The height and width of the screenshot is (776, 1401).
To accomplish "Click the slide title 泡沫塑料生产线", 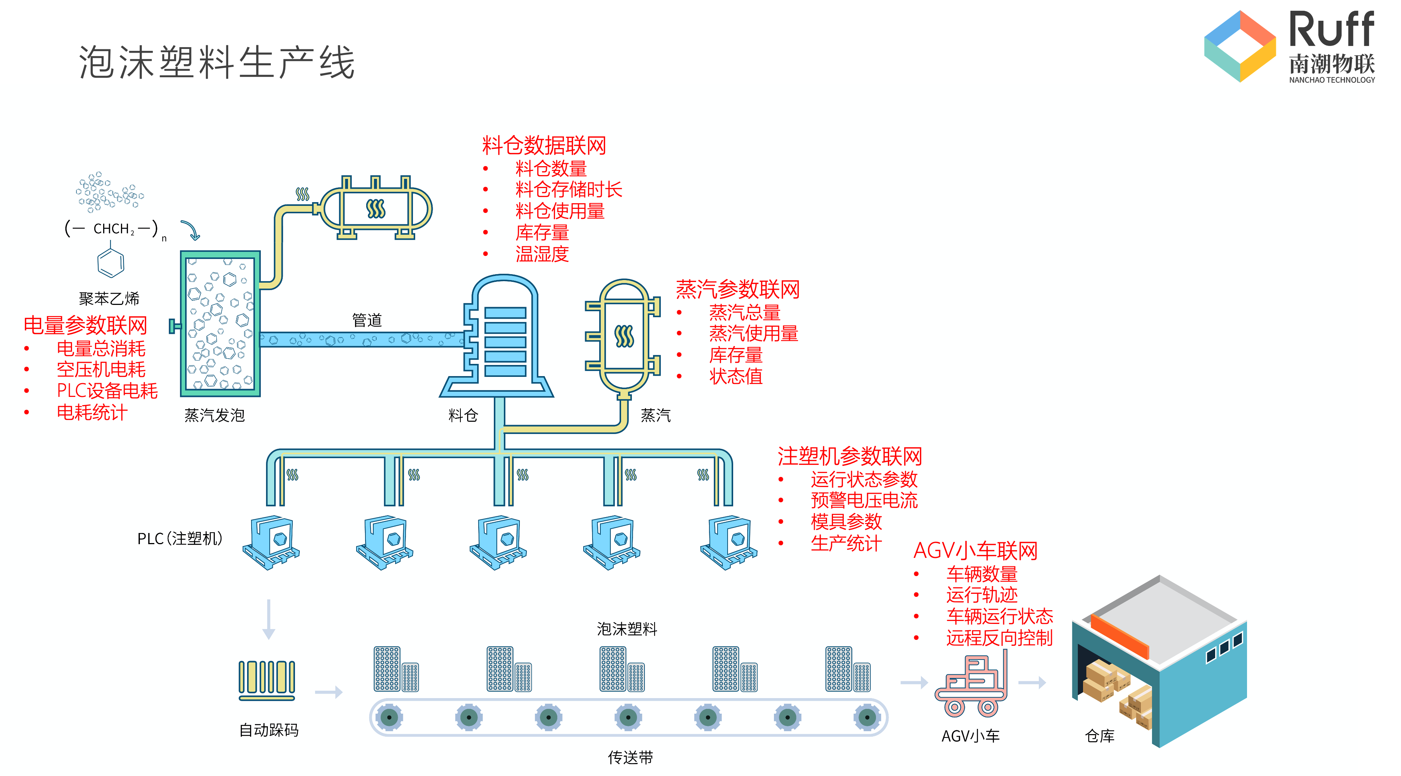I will [x=216, y=63].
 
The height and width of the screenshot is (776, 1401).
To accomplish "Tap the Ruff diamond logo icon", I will [x=1240, y=46].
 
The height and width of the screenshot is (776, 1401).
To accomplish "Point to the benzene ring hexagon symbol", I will [x=111, y=264].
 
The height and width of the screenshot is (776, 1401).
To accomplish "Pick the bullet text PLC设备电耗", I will [x=107, y=391].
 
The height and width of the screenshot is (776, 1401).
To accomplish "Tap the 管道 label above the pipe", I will [x=367, y=320].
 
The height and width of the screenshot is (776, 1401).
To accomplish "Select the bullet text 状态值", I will [x=735, y=376].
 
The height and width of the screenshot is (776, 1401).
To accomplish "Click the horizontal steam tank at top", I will [x=375, y=208].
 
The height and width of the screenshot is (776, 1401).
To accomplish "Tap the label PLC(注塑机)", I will [x=180, y=538].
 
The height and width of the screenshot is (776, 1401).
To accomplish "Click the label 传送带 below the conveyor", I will [x=630, y=757].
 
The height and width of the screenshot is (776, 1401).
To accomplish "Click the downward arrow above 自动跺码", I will [x=268, y=620].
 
